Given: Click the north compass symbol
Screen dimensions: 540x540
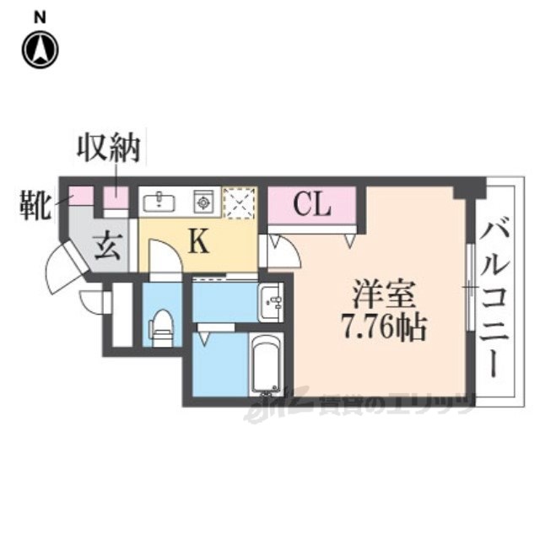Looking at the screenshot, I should tap(40, 50).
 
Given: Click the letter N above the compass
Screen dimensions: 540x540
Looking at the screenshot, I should tap(40, 14).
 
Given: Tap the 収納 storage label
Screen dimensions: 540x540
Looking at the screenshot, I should tap(109, 150).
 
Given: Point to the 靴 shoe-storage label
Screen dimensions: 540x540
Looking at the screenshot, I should tap(35, 202).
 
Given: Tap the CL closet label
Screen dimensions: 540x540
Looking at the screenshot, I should tap(311, 205).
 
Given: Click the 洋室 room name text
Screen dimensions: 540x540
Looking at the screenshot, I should tap(384, 294).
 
